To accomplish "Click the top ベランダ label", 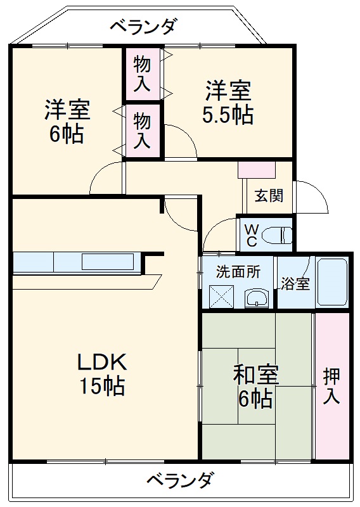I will (143, 27).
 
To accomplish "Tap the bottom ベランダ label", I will (180, 480).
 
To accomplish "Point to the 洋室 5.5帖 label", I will (228, 103).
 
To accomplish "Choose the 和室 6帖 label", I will (255, 387).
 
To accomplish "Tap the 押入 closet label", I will (332, 386).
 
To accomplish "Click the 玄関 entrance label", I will (269, 196).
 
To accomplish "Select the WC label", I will (252, 234).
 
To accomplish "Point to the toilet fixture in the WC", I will (279, 234).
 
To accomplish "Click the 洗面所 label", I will (238, 273).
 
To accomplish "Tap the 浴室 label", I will (295, 283).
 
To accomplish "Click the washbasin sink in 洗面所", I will (255, 297).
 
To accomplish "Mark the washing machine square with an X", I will (222, 295).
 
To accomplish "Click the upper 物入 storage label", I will (143, 73).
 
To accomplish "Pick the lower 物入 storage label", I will (143, 130).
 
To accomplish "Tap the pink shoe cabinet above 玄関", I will (256, 169).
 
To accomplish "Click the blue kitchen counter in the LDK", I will (76, 262).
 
